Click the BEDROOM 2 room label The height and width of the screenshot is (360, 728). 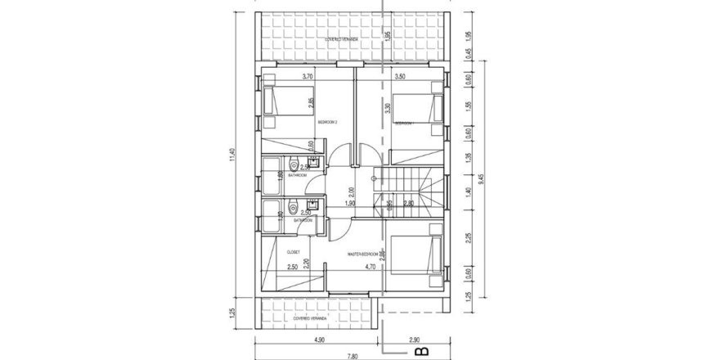click(328, 120)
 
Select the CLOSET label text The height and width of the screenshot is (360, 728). click(294, 251)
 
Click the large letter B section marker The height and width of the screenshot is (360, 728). click(422, 353)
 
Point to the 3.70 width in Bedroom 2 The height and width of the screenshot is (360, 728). click(308, 76)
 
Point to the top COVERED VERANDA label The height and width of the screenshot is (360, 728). click(344, 38)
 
